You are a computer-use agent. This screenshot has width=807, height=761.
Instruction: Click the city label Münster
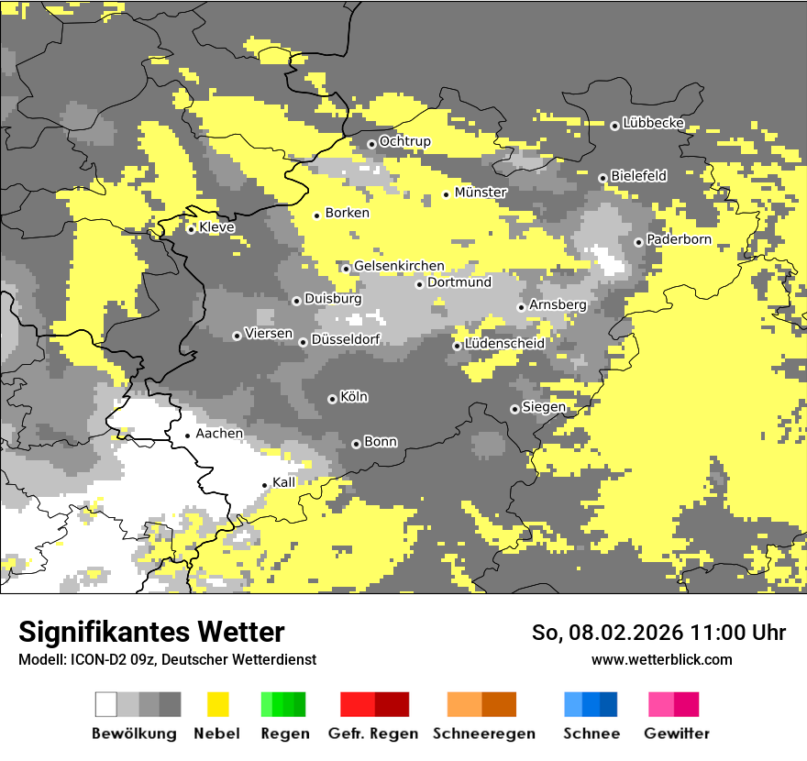pyautogui.click(x=481, y=193)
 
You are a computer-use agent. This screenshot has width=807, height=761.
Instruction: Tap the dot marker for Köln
pyautogui.click(x=332, y=399)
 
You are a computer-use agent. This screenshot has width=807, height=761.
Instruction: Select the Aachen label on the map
pyautogui.click(x=219, y=434)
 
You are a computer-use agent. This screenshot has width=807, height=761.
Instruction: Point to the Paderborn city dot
pyautogui.click(x=638, y=242)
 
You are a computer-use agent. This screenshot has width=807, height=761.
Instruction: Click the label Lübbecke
pyautogui.click(x=653, y=123)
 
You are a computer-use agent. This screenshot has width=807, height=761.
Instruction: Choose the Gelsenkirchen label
pyautogui.click(x=399, y=266)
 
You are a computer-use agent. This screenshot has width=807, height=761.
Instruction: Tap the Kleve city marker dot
pyautogui.click(x=191, y=229)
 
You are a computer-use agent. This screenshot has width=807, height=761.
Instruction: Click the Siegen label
pyautogui.click(x=544, y=407)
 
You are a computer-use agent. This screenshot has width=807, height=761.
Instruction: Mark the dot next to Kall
pyautogui.click(x=265, y=485)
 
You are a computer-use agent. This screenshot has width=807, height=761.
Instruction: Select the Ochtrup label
pyautogui.click(x=404, y=141)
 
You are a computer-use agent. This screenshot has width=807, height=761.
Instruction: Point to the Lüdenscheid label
pyautogui.click(x=504, y=344)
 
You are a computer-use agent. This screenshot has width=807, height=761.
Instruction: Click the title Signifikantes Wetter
pyautogui.click(x=151, y=632)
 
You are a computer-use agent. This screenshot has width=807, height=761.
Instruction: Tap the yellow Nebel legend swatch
pyautogui.click(x=218, y=704)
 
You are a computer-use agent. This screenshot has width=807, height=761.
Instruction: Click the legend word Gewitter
pyautogui.click(x=676, y=733)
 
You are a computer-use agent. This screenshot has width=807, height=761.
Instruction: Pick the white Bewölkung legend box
pyautogui.click(x=106, y=704)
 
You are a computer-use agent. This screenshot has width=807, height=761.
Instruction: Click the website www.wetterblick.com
pyautogui.click(x=661, y=660)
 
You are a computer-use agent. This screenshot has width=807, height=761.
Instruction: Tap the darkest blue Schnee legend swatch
pyautogui.click(x=608, y=704)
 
